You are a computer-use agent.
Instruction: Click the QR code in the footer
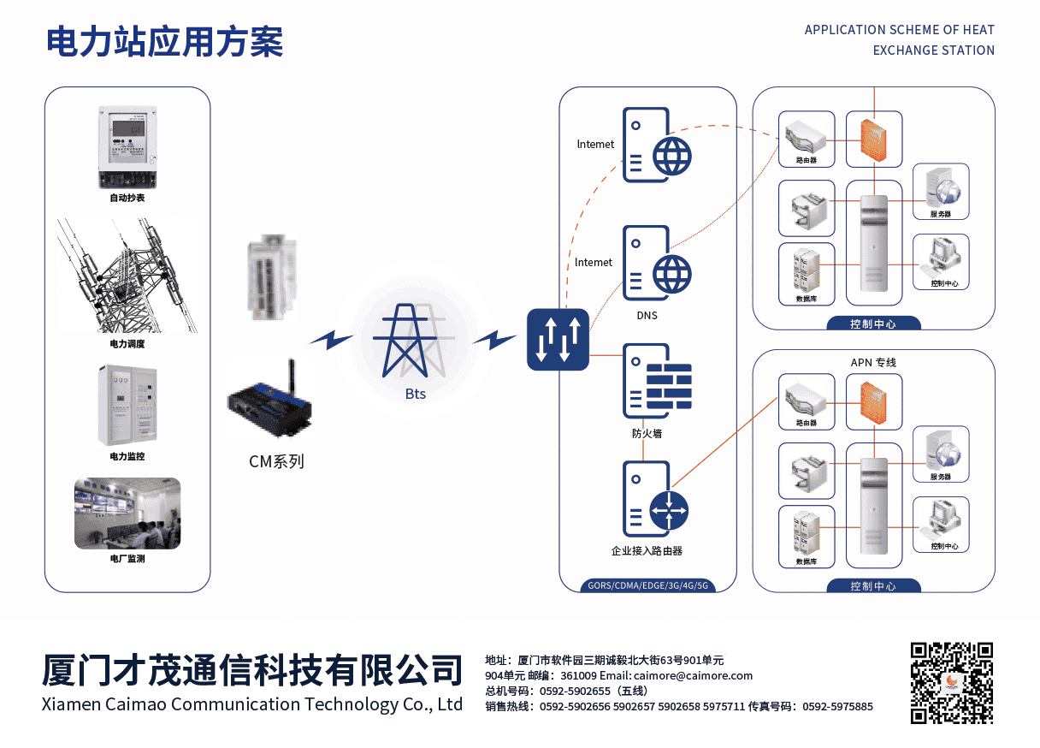tap(951, 682)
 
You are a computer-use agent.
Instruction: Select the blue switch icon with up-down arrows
tap(558, 340)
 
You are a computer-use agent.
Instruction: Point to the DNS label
tap(647, 316)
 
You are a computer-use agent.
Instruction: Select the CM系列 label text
tap(276, 462)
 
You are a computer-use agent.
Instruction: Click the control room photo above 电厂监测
tap(127, 513)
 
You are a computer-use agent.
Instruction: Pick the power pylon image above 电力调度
tap(127, 276)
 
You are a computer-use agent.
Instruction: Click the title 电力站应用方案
tap(164, 41)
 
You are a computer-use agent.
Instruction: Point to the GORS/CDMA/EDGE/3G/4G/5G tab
tap(647, 585)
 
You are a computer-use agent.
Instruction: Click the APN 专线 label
tap(873, 363)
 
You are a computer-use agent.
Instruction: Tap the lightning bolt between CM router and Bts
tap(331, 339)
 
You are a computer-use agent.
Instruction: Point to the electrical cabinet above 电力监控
tap(127, 406)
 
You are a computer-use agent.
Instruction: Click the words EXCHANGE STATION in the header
tap(933, 50)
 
